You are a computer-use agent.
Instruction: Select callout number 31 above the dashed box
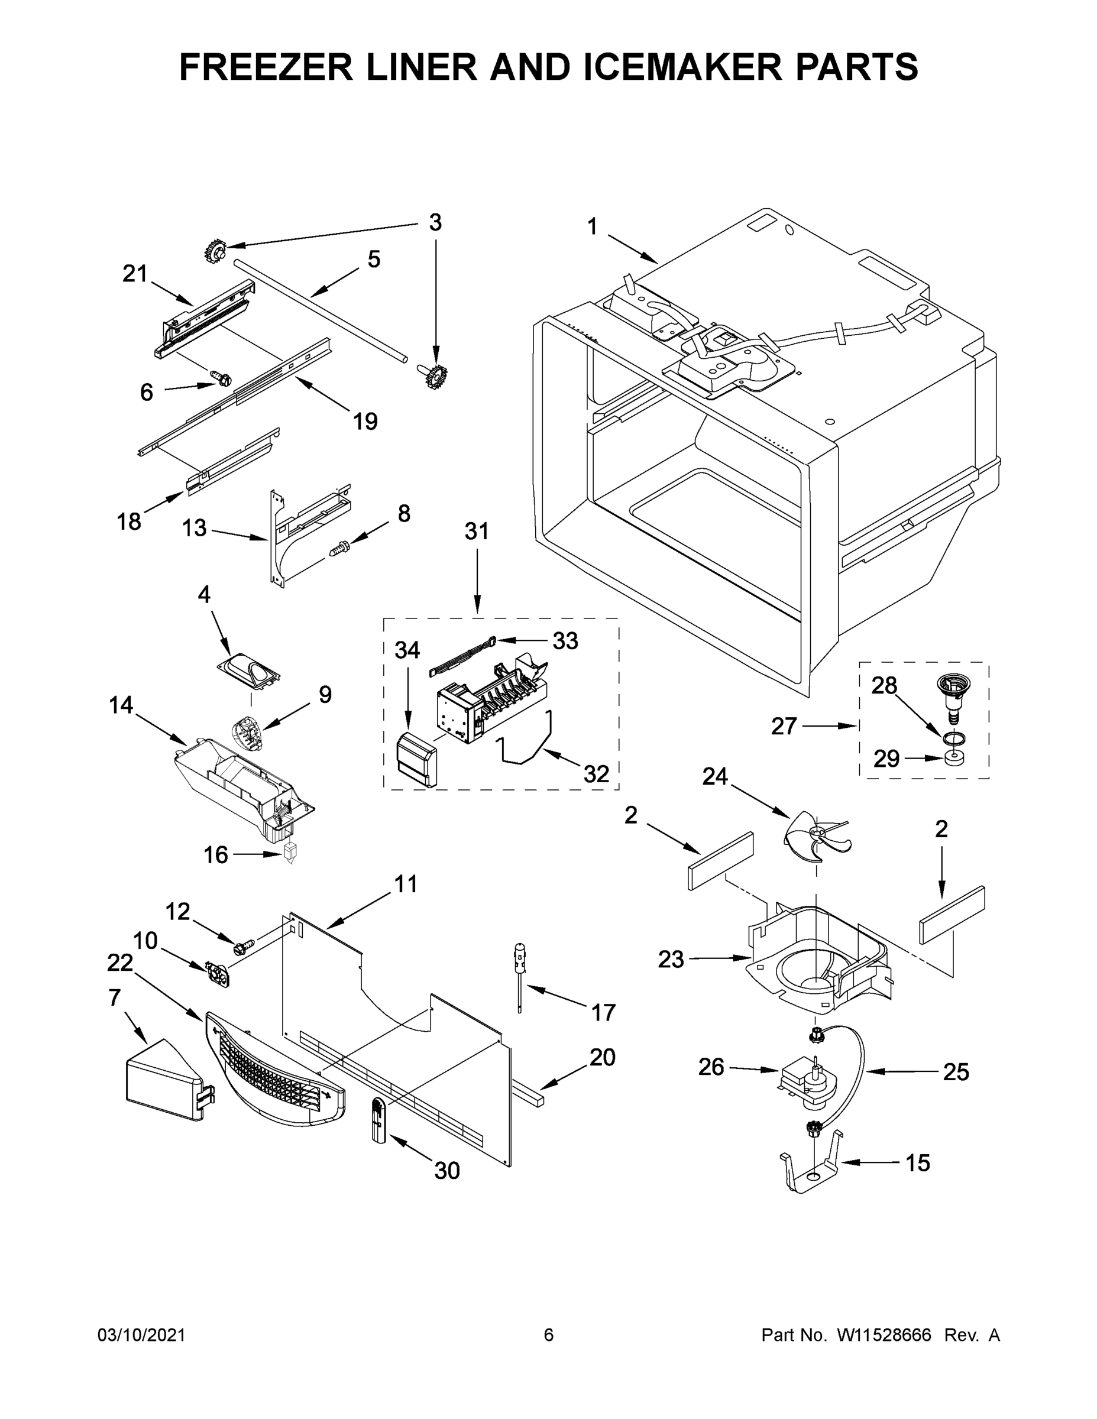[477, 532]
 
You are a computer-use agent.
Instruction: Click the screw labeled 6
[219, 377]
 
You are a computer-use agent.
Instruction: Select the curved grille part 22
[273, 1069]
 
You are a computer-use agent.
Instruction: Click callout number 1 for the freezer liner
[591, 227]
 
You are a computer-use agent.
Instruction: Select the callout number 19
[365, 421]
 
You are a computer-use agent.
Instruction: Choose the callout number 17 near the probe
[603, 1012]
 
